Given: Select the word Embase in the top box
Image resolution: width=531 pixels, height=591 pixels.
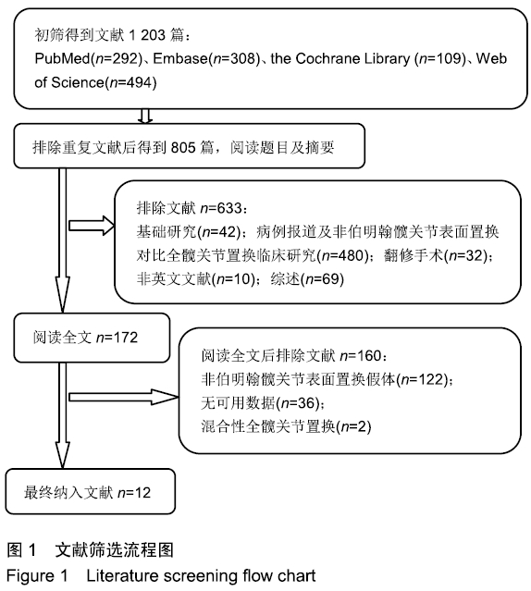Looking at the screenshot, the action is point(180,58).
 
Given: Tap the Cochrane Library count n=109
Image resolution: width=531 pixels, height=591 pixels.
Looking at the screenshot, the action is point(440,58).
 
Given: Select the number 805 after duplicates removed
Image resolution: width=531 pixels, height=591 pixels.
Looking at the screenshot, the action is point(183,147).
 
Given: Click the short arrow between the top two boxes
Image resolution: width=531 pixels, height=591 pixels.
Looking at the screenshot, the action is point(145,117).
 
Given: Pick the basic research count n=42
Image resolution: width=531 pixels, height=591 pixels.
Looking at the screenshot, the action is point(219,232).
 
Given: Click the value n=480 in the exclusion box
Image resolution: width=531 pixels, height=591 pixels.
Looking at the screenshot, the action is point(344,255).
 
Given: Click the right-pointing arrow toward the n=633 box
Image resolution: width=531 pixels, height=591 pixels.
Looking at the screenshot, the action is point(92,226).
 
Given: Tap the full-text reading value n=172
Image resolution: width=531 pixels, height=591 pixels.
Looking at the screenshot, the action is point(117,338).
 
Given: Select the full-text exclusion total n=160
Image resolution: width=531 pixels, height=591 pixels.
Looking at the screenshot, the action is point(361,355).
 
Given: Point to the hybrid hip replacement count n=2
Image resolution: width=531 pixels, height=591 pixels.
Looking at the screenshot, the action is point(353,427).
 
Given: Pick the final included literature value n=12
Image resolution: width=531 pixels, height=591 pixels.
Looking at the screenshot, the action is point(134,493).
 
